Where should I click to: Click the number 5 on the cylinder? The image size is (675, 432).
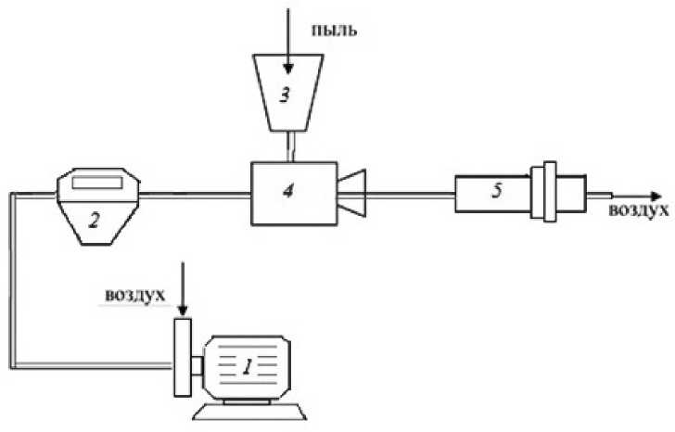tap(496, 193)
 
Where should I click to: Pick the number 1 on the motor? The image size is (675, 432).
tap(247, 368)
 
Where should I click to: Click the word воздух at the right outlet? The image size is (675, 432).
tap(639, 211)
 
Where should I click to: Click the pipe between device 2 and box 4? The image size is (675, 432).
tap(195, 195)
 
